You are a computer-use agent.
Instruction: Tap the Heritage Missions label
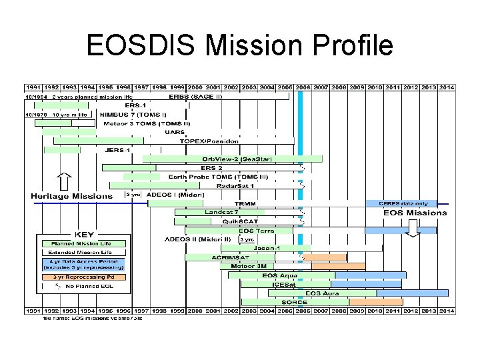tap(72, 196)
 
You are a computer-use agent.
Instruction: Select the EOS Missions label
tap(415, 213)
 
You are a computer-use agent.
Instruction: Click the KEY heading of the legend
tap(84, 235)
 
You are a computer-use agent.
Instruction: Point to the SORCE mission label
tap(294, 302)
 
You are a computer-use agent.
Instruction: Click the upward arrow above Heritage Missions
tap(64, 181)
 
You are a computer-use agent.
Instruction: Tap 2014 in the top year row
tap(447, 87)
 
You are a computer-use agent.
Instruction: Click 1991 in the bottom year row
tap(33, 311)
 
